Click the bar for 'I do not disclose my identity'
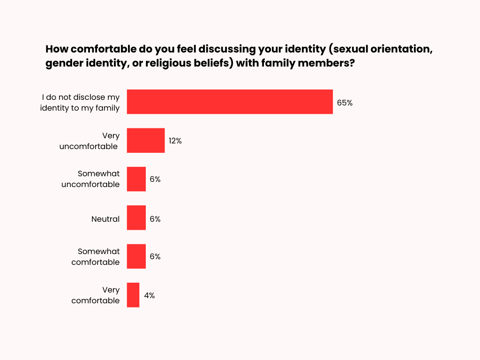(230, 102)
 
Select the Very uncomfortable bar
(146, 140)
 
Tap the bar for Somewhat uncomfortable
(136, 179)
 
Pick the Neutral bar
(136, 217)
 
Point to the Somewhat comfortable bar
(136, 256)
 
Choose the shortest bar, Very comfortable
(133, 295)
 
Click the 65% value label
(345, 103)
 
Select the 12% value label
(175, 141)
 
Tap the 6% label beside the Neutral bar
(155, 219)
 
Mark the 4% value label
(150, 295)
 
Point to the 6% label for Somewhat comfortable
(155, 257)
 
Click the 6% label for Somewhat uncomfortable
(155, 179)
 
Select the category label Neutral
(105, 219)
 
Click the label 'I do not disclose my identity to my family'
(81, 103)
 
